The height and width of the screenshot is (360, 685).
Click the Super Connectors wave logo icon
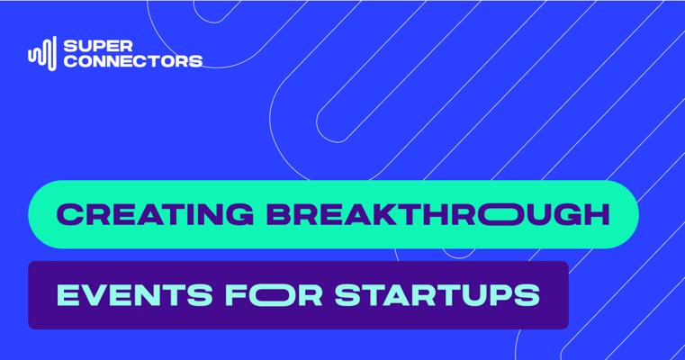tap(42, 53)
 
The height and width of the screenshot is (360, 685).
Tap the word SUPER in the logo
tap(98, 46)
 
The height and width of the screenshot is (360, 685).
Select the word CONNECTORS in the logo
tap(133, 60)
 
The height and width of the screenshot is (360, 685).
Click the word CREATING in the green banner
tap(155, 214)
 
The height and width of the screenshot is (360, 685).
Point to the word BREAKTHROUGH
tap(437, 214)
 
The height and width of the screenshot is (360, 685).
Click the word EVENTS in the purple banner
tap(134, 295)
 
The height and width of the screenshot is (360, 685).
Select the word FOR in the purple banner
tap(274, 295)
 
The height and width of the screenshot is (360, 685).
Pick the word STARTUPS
tap(437, 295)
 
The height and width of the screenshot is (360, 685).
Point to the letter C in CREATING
tap(70, 214)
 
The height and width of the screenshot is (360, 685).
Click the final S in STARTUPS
tap(527, 295)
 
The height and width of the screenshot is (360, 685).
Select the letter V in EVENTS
tap(98, 295)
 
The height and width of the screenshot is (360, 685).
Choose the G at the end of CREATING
tap(239, 214)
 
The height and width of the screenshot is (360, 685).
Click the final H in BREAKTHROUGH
tap(597, 214)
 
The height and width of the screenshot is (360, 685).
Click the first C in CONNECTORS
tap(70, 60)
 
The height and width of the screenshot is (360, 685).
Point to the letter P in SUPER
tap(99, 46)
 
